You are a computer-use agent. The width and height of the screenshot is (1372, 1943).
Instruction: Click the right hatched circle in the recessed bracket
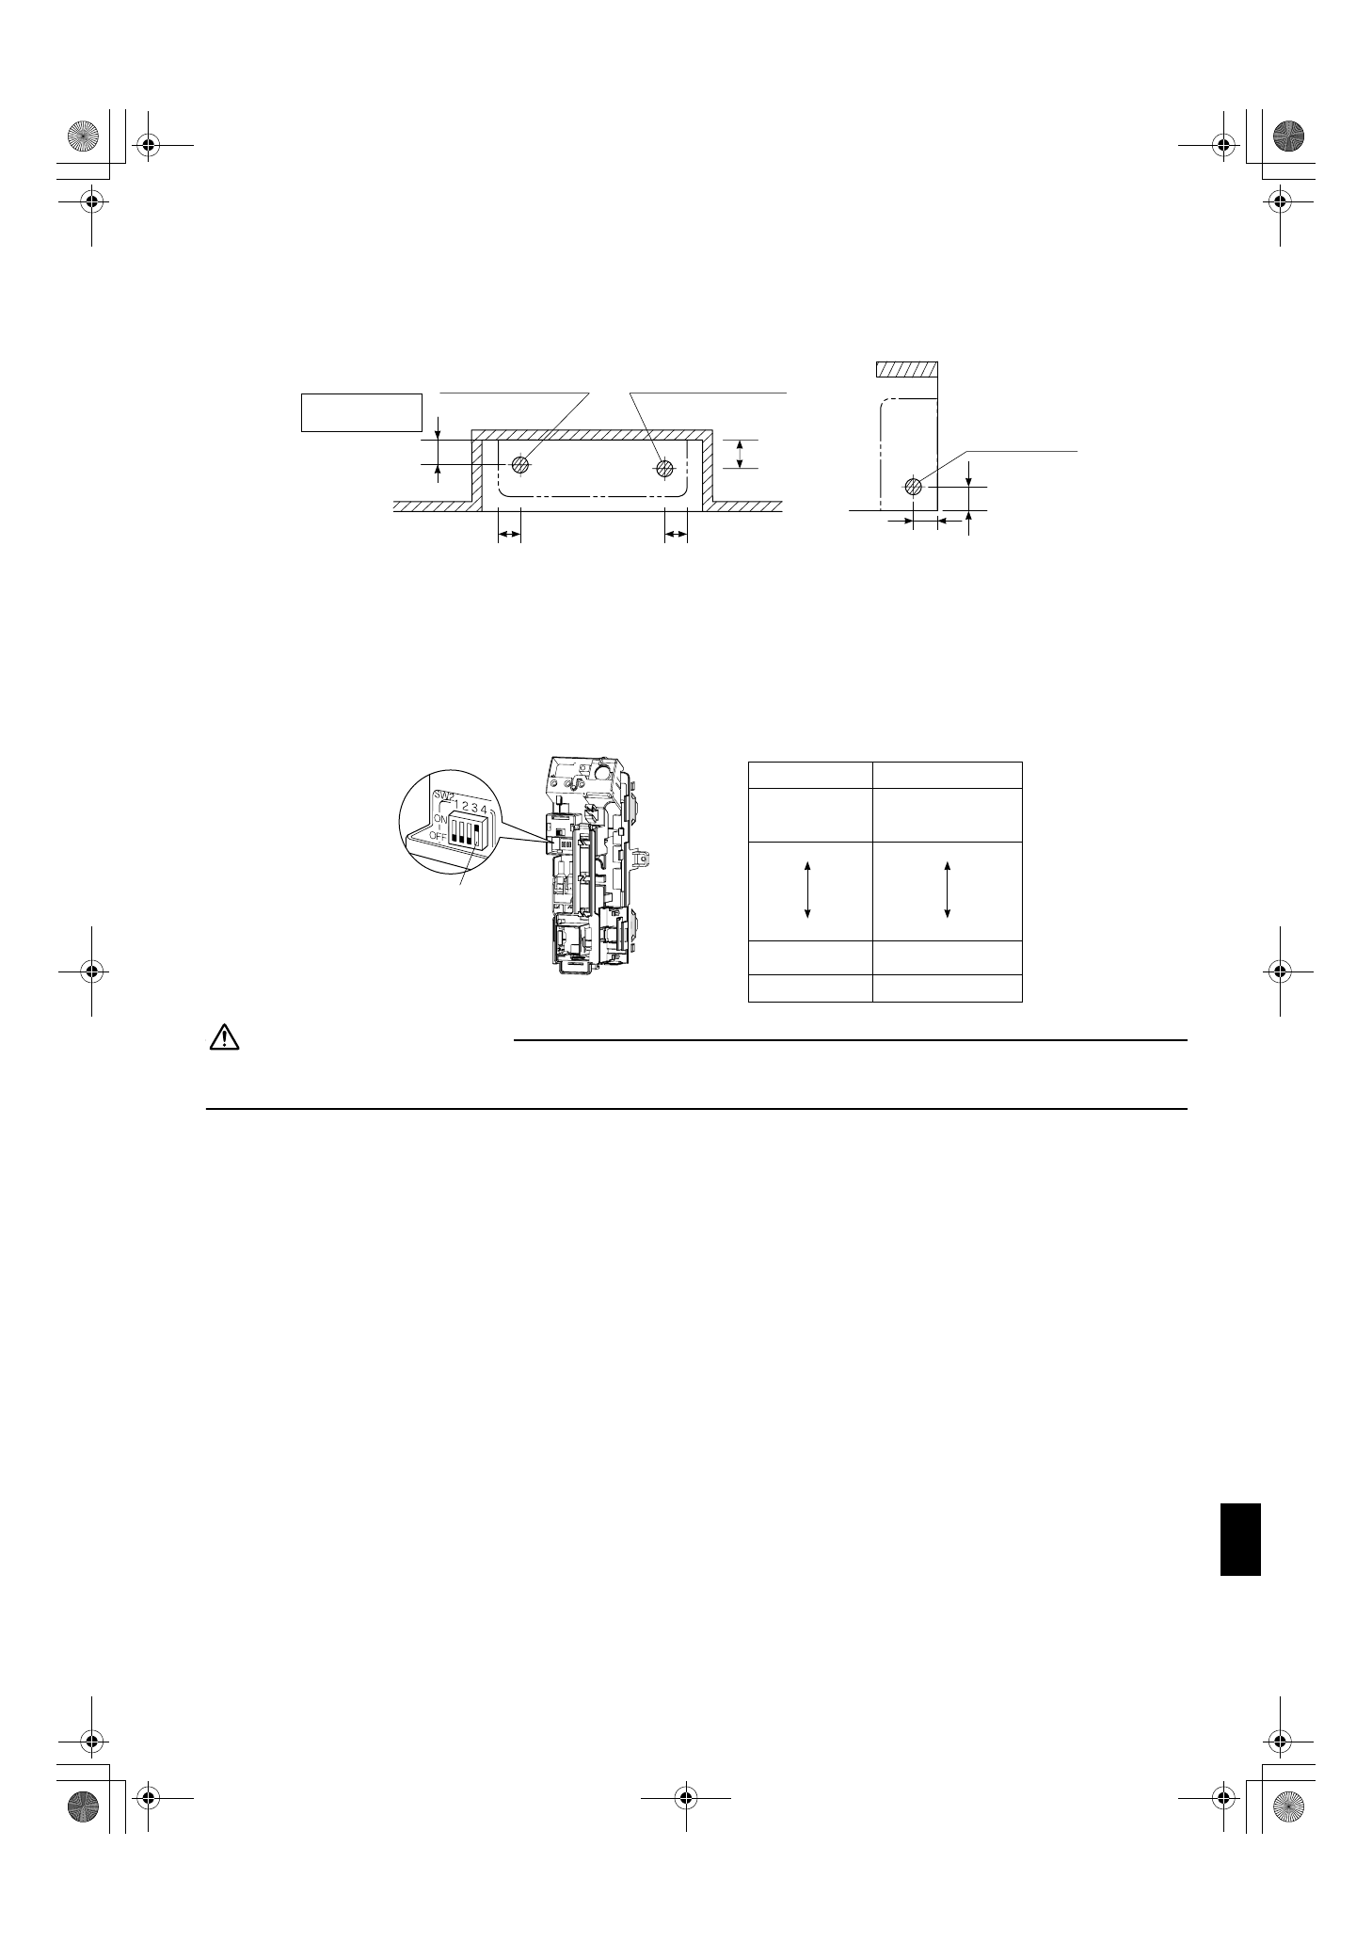tap(665, 466)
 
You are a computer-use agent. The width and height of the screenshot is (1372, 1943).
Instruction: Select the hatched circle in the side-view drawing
tap(913, 487)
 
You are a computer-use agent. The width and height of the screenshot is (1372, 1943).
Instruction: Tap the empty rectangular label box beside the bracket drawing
tap(360, 411)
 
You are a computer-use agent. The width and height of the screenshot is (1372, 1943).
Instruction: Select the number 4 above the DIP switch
tap(483, 808)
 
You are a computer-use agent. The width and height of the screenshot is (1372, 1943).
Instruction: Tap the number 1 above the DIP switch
tap(456, 807)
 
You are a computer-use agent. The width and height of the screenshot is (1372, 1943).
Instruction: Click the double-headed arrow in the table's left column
tap(808, 890)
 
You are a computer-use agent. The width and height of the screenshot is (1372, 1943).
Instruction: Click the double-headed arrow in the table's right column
tap(947, 890)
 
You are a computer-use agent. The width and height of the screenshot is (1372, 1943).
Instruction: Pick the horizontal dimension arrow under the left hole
tap(509, 535)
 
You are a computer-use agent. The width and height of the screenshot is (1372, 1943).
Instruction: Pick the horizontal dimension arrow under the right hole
tap(676, 535)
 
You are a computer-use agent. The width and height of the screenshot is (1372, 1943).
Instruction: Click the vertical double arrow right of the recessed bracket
tap(741, 454)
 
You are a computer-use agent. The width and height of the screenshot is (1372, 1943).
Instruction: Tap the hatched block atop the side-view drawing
tap(906, 370)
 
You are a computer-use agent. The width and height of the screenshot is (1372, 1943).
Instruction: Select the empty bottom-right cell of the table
tap(947, 988)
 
